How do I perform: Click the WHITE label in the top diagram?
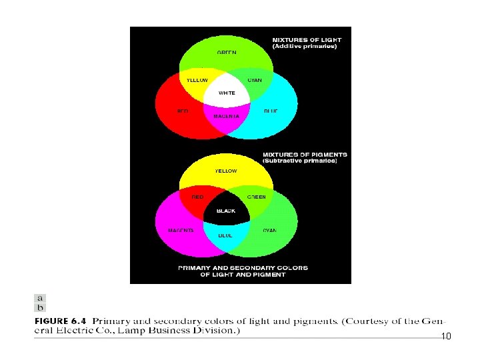[227, 93]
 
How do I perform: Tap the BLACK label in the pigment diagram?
[226, 211]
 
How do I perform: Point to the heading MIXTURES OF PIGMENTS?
[305, 155]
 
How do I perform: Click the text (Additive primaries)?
[305, 47]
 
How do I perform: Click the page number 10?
[446, 337]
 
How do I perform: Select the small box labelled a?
[41, 298]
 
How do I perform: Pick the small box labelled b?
[41, 307]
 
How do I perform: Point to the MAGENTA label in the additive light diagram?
[226, 116]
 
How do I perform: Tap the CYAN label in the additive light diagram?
[255, 80]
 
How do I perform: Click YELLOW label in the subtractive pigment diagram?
[225, 171]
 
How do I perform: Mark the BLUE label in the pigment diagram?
[225, 235]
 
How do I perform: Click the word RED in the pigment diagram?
[198, 197]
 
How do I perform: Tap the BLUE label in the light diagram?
[270, 111]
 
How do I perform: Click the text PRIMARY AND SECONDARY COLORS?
[243, 267]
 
